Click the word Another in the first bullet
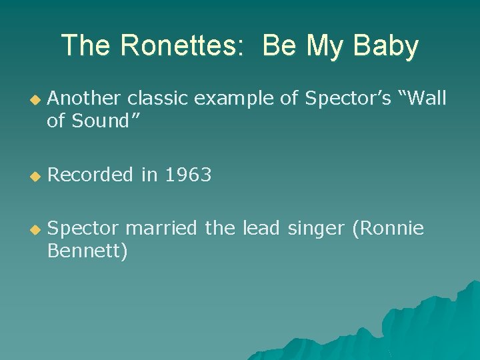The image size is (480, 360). click(85, 99)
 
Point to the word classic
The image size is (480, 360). click(157, 99)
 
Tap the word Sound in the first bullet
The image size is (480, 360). click(101, 121)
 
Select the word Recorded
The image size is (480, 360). click(91, 175)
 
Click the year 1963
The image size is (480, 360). click(188, 175)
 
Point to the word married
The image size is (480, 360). click(162, 229)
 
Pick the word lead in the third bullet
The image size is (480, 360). click(261, 229)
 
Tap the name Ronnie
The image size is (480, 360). click(391, 229)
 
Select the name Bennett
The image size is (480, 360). click(87, 251)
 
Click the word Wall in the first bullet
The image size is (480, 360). click(421, 99)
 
